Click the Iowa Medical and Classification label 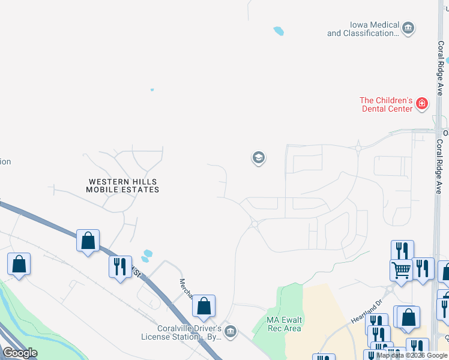point(363,29)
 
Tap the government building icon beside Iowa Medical point(408,28)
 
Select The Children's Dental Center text point(386,104)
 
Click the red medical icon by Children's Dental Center point(422,104)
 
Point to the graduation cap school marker point(258,158)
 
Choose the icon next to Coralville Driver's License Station point(231,331)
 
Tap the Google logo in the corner point(20,353)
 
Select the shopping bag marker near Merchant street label point(204,305)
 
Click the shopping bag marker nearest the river point(19,263)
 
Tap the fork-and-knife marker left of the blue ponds point(120,266)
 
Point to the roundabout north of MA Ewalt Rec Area point(255,224)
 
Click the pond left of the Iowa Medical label point(278,31)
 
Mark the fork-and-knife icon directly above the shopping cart point(402,249)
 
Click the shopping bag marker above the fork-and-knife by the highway point(88,240)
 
